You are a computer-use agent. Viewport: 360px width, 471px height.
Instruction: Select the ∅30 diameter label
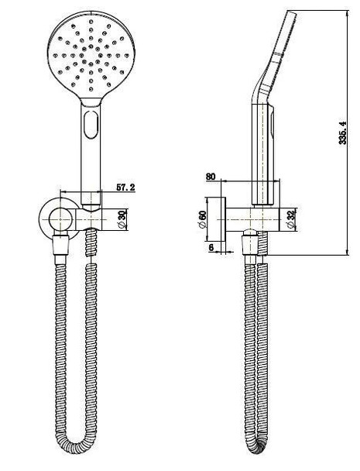[x=122, y=218]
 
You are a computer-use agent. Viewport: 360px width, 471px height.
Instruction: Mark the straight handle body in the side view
[x=262, y=147]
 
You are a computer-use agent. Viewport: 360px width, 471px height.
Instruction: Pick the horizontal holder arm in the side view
[x=252, y=218]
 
